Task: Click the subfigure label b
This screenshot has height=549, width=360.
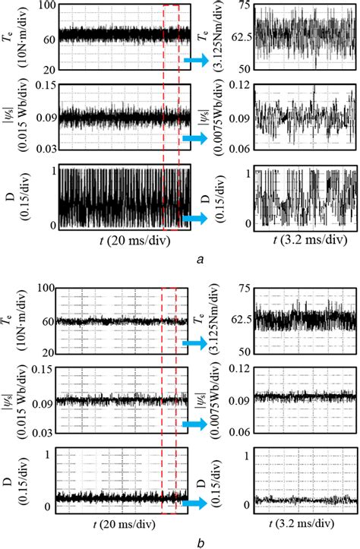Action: [x=198, y=542]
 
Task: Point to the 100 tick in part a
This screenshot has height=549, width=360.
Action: [x=47, y=6]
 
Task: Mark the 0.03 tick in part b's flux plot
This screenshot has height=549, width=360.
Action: [x=46, y=433]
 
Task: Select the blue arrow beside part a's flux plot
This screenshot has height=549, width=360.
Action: [x=196, y=138]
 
